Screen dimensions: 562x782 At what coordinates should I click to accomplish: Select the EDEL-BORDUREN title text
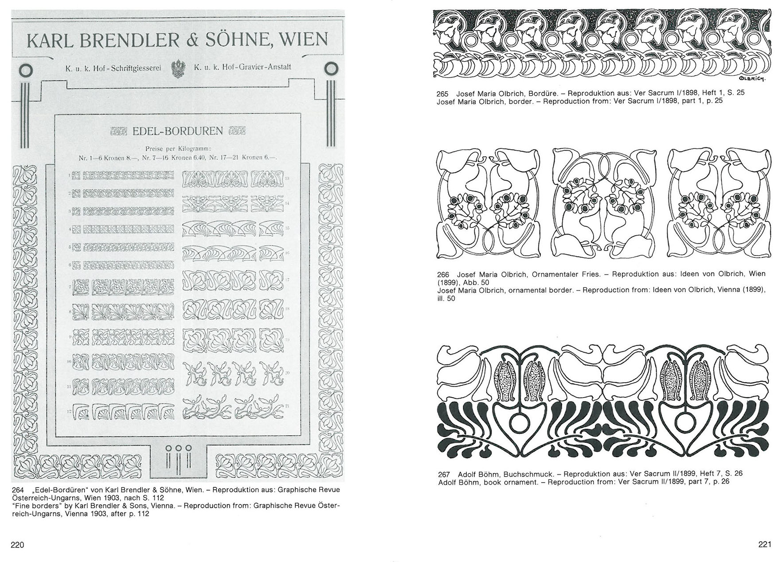pyautogui.click(x=178, y=131)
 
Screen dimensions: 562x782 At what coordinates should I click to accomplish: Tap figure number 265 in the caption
pyautogui.click(x=442, y=93)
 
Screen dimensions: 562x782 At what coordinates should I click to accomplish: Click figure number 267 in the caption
pyautogui.click(x=444, y=474)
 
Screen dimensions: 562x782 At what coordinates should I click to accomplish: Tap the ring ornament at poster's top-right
pyautogui.click(x=331, y=69)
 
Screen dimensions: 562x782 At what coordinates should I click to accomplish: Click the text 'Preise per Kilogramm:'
pyautogui.click(x=178, y=149)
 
